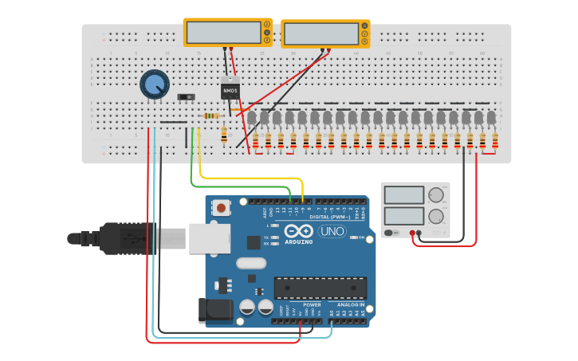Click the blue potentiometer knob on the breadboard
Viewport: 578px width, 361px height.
(x=155, y=84)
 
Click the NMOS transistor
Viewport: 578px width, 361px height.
(x=230, y=91)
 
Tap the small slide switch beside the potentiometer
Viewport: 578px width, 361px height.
(x=186, y=97)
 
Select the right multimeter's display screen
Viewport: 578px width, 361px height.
(x=320, y=33)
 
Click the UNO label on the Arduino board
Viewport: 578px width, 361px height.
(x=332, y=231)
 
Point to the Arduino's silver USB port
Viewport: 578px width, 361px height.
(x=209, y=237)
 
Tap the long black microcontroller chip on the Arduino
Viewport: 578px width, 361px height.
(x=320, y=288)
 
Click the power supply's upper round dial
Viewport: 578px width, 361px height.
(x=436, y=195)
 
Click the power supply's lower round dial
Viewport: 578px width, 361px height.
(x=436, y=216)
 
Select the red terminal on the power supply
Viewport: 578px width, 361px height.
(x=412, y=233)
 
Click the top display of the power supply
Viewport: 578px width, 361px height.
(x=404, y=195)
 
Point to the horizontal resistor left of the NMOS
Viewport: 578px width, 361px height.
(x=211, y=116)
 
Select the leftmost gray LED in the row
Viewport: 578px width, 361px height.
(x=251, y=118)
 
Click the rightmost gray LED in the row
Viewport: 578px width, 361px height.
(x=491, y=118)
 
